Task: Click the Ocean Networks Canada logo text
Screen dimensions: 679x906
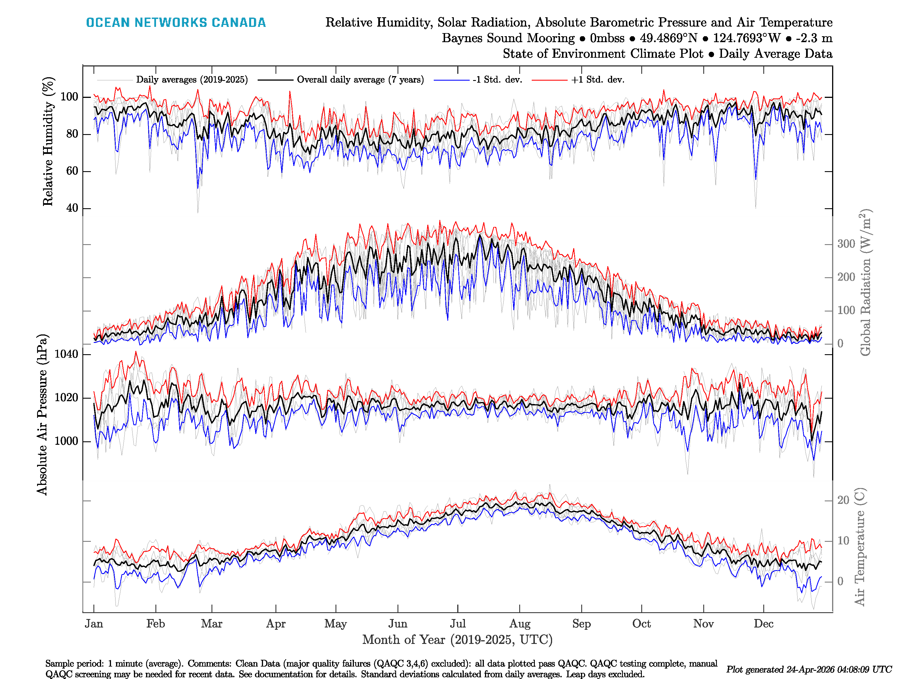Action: click(176, 23)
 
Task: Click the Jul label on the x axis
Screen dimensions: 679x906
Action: click(458, 624)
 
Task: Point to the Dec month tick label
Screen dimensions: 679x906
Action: click(764, 624)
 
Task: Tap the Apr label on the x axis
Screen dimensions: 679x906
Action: click(276, 624)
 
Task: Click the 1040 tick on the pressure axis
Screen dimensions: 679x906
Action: click(66, 354)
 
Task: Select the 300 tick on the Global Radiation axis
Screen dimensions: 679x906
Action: click(846, 244)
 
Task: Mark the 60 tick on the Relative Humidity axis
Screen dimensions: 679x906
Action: click(72, 171)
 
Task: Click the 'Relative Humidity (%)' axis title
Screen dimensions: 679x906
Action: click(48, 141)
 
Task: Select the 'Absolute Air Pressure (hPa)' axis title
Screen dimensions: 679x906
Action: click(42, 414)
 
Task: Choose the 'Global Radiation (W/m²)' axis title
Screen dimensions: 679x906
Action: click(865, 282)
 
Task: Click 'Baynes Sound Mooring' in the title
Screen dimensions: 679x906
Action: click(508, 38)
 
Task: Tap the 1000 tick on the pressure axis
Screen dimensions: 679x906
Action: click(66, 441)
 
